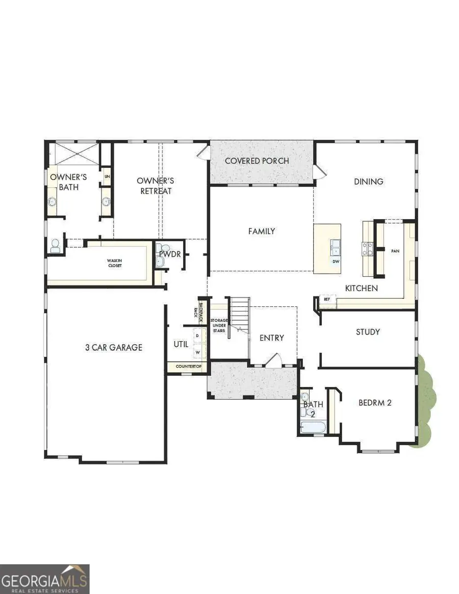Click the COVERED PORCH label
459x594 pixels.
click(257, 161)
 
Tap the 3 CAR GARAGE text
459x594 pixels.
click(113, 347)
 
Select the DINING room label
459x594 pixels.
click(368, 181)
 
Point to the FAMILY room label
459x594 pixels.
click(261, 231)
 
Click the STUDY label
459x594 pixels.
click(368, 331)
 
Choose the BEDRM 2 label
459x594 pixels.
click(375, 402)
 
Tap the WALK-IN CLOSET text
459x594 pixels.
click(114, 263)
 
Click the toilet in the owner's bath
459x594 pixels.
click(55, 247)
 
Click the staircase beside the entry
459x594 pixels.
click(238, 316)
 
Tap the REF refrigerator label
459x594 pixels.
click(327, 299)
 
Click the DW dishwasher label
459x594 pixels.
click(336, 262)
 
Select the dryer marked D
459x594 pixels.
click(197, 337)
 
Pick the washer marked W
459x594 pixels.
click(197, 352)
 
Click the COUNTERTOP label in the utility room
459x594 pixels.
click(189, 367)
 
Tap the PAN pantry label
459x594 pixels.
click(395, 251)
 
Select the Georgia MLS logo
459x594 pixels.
click(45, 578)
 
